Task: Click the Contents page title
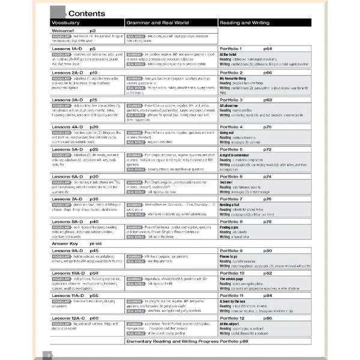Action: point(87,13)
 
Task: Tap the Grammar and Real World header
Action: point(157,23)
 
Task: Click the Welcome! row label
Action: point(64,30)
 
